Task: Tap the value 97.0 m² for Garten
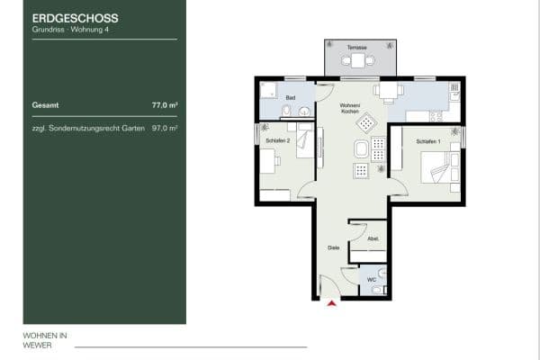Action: pyautogui.click(x=165, y=129)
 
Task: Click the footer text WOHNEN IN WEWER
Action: pyautogui.click(x=45, y=339)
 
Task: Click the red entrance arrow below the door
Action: pyautogui.click(x=333, y=304)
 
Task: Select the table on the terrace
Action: pyautogui.click(x=358, y=60)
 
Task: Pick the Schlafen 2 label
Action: pyautogui.click(x=276, y=139)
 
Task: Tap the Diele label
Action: pyautogui.click(x=332, y=245)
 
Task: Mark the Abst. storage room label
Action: pyautogui.click(x=373, y=238)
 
